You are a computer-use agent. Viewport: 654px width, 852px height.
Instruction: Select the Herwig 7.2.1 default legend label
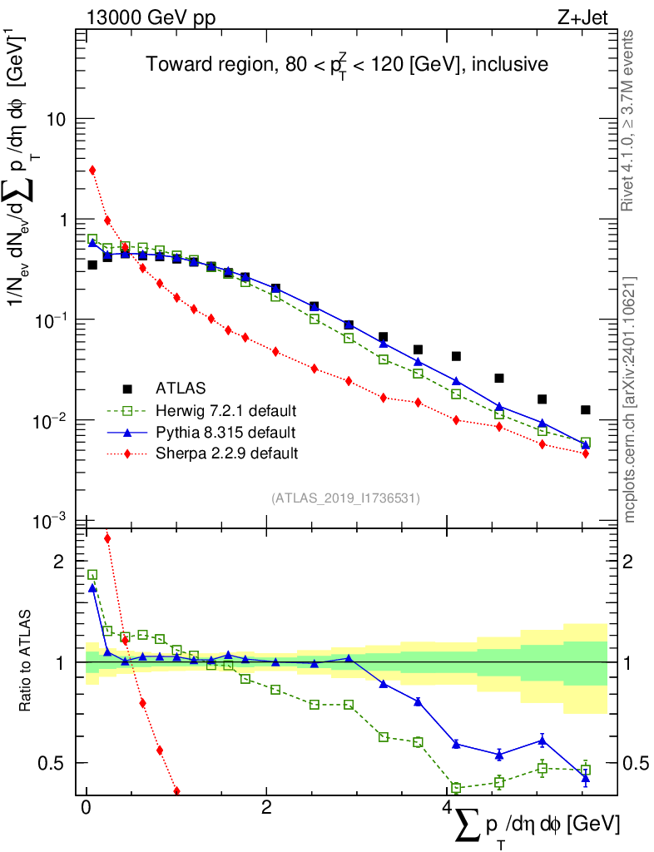click(225, 410)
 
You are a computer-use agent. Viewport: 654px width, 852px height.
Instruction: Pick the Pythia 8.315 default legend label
click(225, 432)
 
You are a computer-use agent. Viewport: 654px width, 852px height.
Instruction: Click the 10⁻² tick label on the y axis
click(48, 421)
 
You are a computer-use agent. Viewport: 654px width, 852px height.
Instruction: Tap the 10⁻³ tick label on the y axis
click(48, 522)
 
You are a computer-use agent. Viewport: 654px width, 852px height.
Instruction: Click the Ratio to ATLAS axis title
click(26, 661)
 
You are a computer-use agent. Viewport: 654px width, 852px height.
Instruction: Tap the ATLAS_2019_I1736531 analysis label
click(345, 498)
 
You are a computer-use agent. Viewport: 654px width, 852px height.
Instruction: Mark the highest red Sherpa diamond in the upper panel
click(92, 170)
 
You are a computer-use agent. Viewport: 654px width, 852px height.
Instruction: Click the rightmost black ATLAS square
click(586, 409)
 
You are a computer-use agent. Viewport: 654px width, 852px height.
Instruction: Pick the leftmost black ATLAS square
click(92, 265)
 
